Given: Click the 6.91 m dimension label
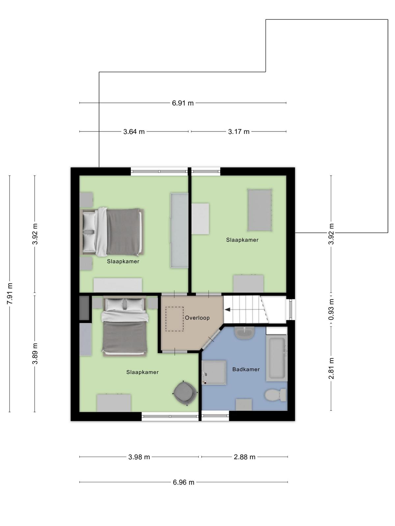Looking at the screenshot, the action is point(183,103).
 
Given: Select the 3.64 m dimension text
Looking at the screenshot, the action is point(134,131).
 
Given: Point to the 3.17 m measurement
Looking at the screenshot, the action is point(239,131).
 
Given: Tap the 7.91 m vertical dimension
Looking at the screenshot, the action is point(10,294).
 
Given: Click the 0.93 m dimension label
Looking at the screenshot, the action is point(331,309).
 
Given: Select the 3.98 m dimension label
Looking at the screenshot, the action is point(139,457).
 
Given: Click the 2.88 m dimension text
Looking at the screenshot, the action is point(245,457).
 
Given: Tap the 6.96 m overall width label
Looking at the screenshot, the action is point(183,482).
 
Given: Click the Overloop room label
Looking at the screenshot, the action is point(197,318).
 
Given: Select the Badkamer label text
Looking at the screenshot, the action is point(246,369).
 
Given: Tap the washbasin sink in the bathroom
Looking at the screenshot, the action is point(245,333).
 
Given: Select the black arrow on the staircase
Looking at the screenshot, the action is point(227,310).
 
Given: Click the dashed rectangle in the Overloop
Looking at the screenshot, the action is point(174,319).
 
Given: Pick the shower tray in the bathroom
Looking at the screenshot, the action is point(214,372).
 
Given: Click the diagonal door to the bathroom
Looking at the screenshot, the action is point(211,339).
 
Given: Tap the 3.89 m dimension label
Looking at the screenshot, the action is point(35,353).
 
